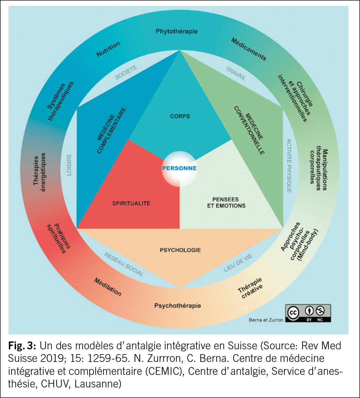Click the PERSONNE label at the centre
179,168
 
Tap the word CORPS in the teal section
180,116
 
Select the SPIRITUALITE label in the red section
131,204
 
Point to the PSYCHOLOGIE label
180,250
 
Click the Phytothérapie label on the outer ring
177,31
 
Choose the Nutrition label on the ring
108,49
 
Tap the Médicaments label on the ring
249,49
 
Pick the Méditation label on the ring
108,286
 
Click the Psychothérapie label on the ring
177,305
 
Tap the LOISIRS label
69,165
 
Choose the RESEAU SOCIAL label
124,265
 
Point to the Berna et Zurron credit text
266,320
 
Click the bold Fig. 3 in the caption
22,346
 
